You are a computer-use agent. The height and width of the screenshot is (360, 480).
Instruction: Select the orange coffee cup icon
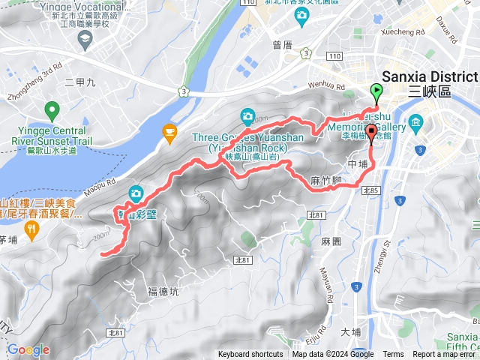click(169, 133)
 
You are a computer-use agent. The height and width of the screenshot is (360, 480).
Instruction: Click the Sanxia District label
click(429, 77)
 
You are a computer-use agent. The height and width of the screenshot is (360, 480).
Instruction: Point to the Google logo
click(28, 349)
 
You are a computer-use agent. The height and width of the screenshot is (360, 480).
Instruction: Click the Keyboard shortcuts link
click(250, 355)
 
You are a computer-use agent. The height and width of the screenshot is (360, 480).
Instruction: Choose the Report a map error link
click(445, 355)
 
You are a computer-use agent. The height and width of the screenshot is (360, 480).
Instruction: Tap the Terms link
click(393, 355)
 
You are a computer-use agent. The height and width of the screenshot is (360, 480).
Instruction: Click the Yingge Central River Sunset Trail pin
click(52, 112)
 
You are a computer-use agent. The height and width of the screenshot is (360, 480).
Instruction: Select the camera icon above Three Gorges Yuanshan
click(247, 116)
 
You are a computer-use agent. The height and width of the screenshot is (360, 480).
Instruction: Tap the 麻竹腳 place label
click(326, 180)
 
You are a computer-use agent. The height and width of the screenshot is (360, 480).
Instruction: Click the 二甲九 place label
click(80, 81)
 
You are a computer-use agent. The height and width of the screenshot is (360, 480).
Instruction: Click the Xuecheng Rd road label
click(405, 32)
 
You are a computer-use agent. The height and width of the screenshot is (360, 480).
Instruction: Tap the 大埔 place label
click(350, 331)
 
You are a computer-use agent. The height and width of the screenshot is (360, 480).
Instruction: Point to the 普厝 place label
click(283, 45)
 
